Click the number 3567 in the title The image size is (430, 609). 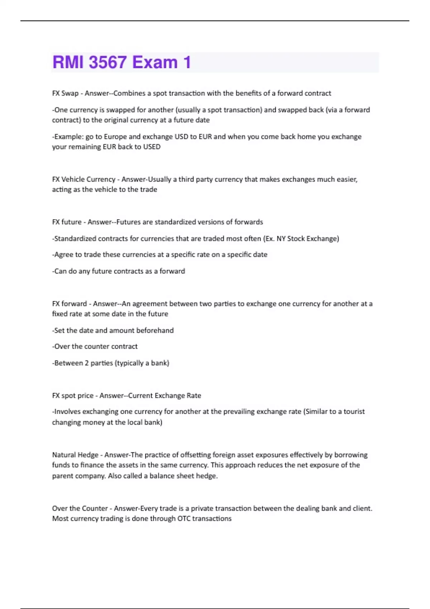[107, 62]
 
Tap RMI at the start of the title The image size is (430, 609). [68, 62]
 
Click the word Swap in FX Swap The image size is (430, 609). [70, 93]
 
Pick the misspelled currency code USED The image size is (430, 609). [152, 147]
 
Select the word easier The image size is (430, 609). [347, 179]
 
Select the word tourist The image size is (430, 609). [354, 412]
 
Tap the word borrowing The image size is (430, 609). [351, 455]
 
